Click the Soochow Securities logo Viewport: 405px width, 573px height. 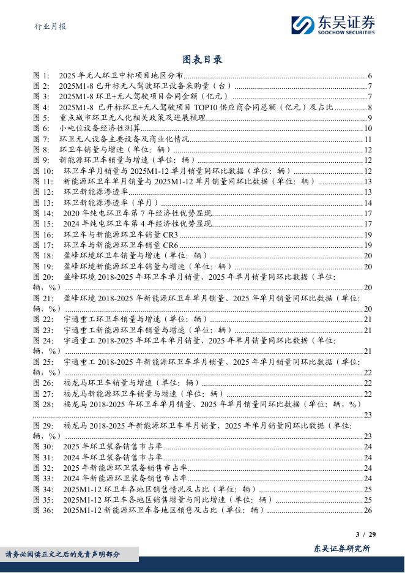[333, 24]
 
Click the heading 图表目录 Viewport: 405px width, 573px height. [202, 59]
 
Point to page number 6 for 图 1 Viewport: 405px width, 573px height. [370, 76]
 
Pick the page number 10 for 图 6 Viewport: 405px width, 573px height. [368, 128]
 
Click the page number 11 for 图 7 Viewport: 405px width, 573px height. [368, 139]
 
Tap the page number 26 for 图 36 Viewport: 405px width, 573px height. [368, 510]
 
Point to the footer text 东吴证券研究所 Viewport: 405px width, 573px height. [341, 549]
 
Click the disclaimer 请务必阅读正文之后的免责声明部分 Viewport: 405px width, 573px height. [63, 555]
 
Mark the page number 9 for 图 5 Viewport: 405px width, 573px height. [370, 118]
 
